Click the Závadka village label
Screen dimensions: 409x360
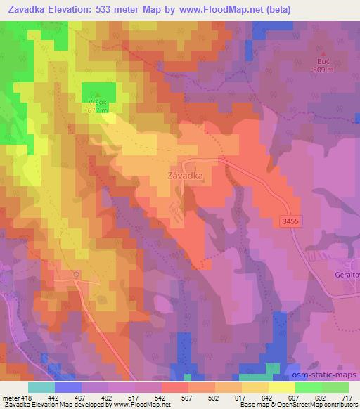pyautogui.click(x=186, y=176)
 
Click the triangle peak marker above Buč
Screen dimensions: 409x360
pyautogui.click(x=323, y=54)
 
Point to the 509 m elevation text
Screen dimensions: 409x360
pyautogui.click(x=323, y=70)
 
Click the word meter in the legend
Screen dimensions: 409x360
pyautogui.click(x=10, y=397)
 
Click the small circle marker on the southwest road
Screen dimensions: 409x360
pyautogui.click(x=77, y=274)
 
